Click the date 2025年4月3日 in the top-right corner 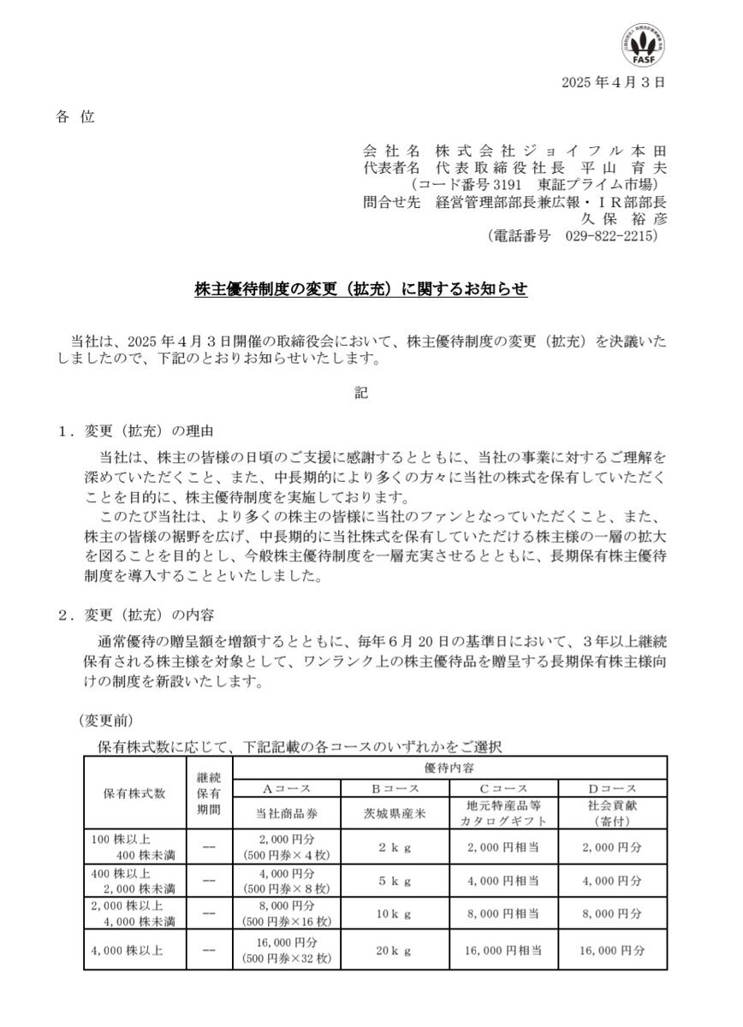(613, 83)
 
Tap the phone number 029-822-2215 (610, 234)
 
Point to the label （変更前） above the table (105, 721)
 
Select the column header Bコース (394, 787)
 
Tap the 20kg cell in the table (394, 951)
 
